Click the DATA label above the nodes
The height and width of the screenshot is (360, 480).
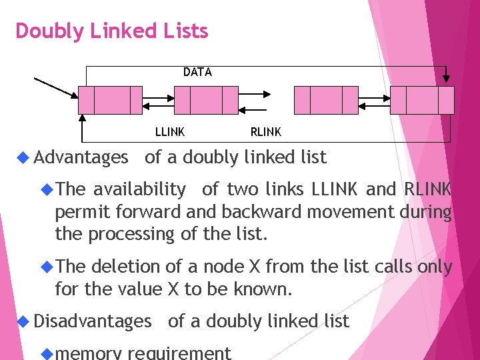(x=197, y=72)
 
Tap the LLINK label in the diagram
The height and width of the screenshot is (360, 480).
(x=170, y=132)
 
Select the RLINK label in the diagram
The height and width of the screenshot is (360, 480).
(x=266, y=132)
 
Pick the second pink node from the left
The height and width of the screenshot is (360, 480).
(x=206, y=100)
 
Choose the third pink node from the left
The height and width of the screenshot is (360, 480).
(x=326, y=100)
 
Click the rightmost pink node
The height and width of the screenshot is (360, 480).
(x=422, y=100)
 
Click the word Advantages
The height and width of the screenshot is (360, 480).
(x=81, y=158)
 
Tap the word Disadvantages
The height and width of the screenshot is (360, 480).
(x=93, y=321)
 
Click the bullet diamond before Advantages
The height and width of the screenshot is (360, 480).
(x=23, y=157)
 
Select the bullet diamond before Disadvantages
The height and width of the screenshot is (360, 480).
(x=23, y=321)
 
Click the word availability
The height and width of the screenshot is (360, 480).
(x=139, y=190)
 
